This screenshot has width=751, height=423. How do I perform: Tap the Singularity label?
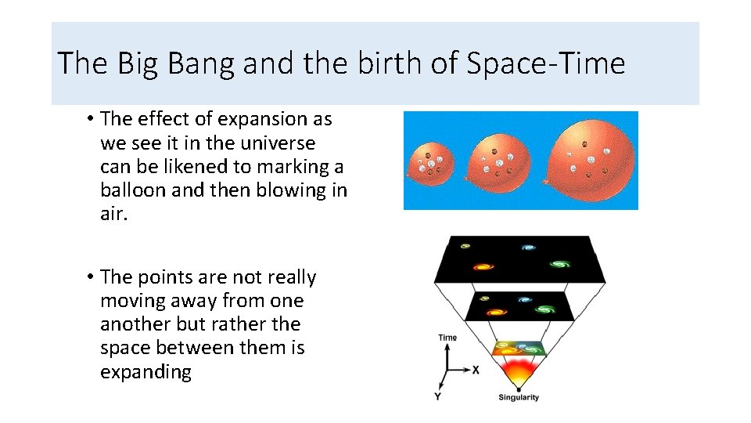pos(519,398)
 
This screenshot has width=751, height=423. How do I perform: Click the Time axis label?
pos(447,338)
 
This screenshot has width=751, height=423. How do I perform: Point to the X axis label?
pos(476,369)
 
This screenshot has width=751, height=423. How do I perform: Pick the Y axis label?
pos(438,397)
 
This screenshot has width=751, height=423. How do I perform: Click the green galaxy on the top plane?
pos(558,264)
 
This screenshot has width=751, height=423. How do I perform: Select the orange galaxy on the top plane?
pos(484,267)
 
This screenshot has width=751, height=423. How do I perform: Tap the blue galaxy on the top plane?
pos(528,248)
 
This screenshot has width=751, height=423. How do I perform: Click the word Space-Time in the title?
pos(545,63)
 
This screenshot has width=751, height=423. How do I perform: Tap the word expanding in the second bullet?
pos(146,371)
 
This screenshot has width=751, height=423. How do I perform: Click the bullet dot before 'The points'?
pos(92,277)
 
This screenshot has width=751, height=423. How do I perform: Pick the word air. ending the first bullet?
pos(113,214)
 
